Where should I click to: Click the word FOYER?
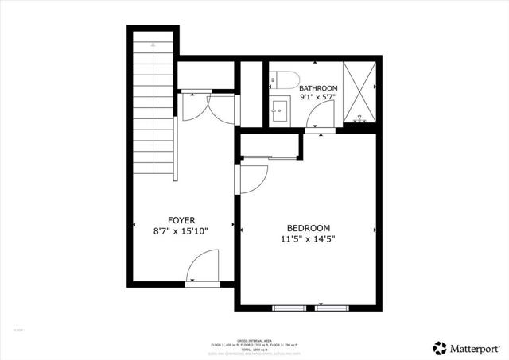point(181,220)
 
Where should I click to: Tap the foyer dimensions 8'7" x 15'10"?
point(181,232)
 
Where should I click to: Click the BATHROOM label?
point(318,87)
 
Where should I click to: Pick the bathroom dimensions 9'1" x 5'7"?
point(318,97)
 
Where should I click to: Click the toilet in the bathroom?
point(283,79)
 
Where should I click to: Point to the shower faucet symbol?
point(360,118)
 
